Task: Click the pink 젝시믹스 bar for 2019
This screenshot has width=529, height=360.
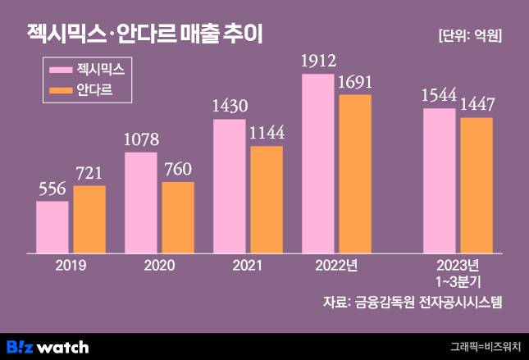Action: tap(52, 227)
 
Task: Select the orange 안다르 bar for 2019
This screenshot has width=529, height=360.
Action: tap(89, 220)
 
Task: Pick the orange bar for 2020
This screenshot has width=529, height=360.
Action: tap(177, 217)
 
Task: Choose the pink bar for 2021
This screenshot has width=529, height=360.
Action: tap(230, 186)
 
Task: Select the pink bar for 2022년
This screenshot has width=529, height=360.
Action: tap(318, 163)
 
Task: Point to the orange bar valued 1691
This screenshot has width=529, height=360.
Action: tap(354, 174)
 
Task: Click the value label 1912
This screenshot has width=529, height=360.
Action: tap(319, 61)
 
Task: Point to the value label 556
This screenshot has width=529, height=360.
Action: tap(52, 189)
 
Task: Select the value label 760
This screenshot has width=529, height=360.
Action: tap(178, 170)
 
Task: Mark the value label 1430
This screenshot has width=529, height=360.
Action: tap(230, 107)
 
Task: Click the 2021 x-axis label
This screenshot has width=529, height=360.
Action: tap(248, 266)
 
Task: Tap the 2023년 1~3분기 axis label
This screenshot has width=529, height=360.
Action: tap(458, 272)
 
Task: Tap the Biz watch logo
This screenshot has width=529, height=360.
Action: tap(48, 347)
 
